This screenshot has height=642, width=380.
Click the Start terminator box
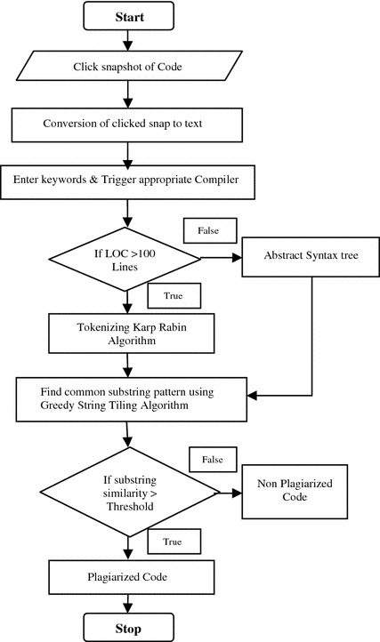click(x=129, y=16)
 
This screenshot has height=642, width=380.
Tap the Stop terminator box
click(x=129, y=627)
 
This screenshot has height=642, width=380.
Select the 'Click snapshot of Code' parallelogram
click(x=129, y=66)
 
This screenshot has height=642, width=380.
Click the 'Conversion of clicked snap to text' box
click(x=126, y=125)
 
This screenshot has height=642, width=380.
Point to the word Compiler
click(x=216, y=180)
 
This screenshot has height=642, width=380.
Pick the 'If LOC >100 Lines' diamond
click(x=125, y=260)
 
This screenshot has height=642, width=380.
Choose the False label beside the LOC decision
click(x=209, y=230)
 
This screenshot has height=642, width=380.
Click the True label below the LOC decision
click(x=174, y=295)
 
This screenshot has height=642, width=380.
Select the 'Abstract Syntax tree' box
click(x=311, y=257)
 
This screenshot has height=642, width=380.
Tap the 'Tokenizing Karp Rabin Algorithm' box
click(x=131, y=333)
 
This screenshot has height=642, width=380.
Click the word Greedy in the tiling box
click(x=54, y=405)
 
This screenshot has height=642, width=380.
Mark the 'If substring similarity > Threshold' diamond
click(x=130, y=492)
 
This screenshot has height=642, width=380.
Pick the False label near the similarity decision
click(x=213, y=460)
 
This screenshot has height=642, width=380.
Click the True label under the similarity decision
click(x=174, y=542)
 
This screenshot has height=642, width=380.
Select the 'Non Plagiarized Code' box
click(x=295, y=492)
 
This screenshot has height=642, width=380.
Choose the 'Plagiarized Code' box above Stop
click(x=131, y=577)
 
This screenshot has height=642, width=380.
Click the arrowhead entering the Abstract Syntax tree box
click(x=237, y=258)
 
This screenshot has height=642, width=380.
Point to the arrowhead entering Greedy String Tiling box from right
click(x=252, y=396)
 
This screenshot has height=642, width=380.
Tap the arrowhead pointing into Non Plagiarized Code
click(x=237, y=493)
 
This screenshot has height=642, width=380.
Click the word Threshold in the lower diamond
click(x=130, y=507)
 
